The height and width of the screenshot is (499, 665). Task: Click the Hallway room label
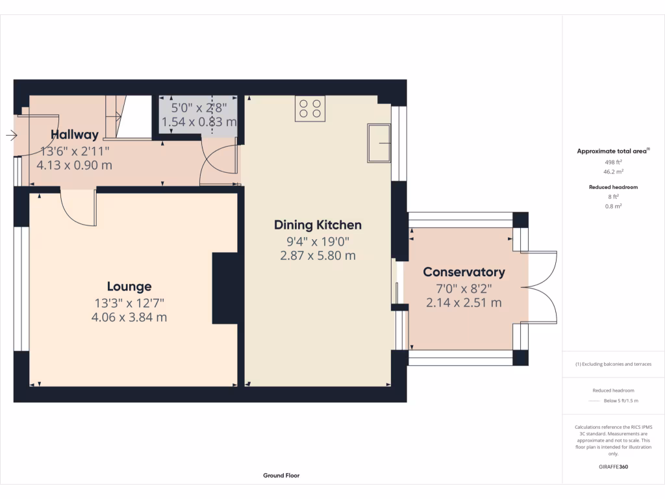[75, 135]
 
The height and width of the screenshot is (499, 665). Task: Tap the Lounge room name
[129, 287]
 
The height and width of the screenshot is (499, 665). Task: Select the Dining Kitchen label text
[318, 225]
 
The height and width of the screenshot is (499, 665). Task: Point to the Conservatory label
[464, 272]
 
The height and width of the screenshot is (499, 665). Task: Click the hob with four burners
[310, 109]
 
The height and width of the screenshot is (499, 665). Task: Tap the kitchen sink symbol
[379, 144]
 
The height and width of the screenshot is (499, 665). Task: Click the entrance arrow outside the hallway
[12, 136]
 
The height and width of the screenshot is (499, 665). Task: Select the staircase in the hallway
[128, 117]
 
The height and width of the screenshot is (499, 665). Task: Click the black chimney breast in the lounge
[225, 288]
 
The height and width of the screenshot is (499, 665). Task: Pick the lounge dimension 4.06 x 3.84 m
[129, 317]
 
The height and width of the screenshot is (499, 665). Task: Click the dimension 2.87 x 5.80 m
[318, 256]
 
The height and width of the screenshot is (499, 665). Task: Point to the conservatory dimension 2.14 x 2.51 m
[464, 303]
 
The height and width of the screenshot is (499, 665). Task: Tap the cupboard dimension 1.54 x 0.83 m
[199, 122]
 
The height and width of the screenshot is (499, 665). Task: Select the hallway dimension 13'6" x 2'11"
[75, 151]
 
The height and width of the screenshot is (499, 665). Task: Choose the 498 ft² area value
[613, 162]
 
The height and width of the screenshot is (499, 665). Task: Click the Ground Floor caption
[281, 476]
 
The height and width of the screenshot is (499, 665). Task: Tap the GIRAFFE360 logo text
[613, 467]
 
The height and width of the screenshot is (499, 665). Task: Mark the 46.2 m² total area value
[613, 172]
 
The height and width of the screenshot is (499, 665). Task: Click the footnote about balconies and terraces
[613, 364]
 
